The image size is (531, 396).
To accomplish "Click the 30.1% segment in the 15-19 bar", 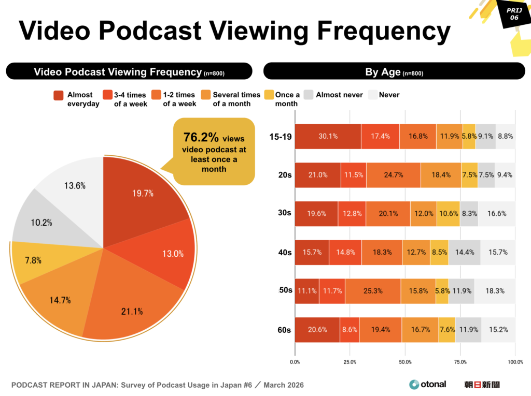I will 328,137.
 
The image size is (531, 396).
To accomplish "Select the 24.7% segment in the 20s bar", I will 393,175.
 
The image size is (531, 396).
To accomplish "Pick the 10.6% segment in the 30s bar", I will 448,213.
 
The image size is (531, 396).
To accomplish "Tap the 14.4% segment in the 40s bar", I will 464,253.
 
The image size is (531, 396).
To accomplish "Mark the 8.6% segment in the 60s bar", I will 349,330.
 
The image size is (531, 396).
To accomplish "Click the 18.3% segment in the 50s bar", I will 495,291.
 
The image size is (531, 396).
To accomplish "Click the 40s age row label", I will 284,253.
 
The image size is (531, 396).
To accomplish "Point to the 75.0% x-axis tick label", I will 460,362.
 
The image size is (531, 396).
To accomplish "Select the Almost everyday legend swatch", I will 59,95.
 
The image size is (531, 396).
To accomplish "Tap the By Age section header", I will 394,72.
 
